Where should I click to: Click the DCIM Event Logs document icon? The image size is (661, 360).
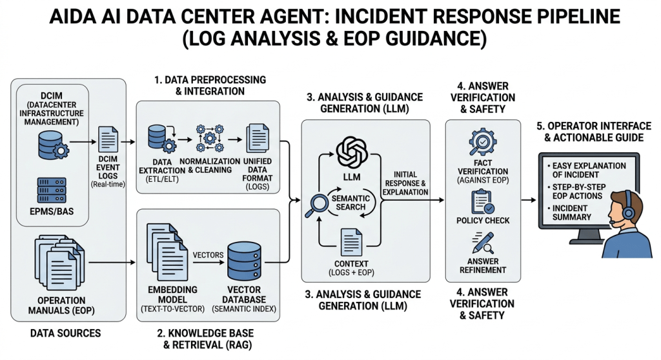(107, 141)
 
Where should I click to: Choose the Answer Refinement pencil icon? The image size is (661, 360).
(483, 246)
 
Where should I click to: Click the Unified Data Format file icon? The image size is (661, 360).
(258, 137)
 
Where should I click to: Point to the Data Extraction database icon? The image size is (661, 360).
(159, 138)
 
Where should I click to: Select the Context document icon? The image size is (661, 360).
(352, 243)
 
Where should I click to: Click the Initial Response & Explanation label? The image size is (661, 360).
(405, 183)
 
